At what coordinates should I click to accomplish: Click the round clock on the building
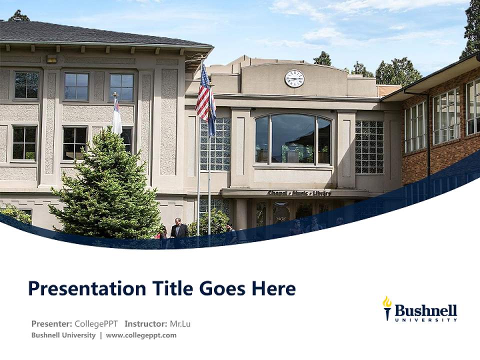click(294, 78)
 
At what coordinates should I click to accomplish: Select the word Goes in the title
click(220, 288)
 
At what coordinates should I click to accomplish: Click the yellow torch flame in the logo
click(386, 302)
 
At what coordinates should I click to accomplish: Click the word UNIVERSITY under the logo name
click(425, 320)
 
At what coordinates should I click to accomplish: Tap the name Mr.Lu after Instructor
click(180, 323)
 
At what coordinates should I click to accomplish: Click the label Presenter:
click(51, 323)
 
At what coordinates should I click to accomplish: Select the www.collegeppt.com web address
click(141, 335)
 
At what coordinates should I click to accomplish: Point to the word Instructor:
click(145, 323)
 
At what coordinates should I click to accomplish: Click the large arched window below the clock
click(293, 139)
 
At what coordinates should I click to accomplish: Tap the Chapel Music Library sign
click(299, 193)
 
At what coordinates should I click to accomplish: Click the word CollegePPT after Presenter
click(96, 323)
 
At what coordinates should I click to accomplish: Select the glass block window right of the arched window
click(369, 147)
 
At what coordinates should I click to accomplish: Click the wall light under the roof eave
click(51, 59)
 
